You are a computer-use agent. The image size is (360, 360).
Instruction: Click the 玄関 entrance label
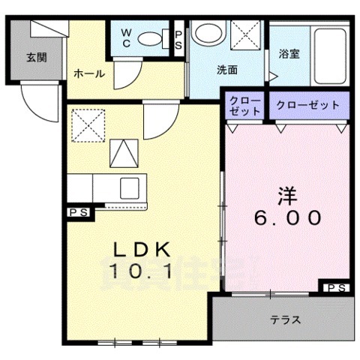point(35,57)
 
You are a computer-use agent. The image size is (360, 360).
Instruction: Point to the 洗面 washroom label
point(226,70)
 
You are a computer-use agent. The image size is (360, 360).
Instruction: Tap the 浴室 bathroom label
point(289,55)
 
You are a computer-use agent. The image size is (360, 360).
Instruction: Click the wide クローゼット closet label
point(307,105)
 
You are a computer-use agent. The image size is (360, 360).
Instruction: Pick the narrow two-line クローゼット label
point(244,105)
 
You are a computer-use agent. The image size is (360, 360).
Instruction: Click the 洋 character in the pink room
point(287,196)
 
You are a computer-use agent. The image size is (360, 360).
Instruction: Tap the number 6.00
point(287,218)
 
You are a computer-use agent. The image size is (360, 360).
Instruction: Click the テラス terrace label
point(285,319)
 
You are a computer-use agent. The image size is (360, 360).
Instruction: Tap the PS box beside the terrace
point(334,287)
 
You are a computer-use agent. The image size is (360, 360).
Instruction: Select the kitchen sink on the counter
point(130,187)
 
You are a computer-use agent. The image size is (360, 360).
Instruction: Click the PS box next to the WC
point(180,39)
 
